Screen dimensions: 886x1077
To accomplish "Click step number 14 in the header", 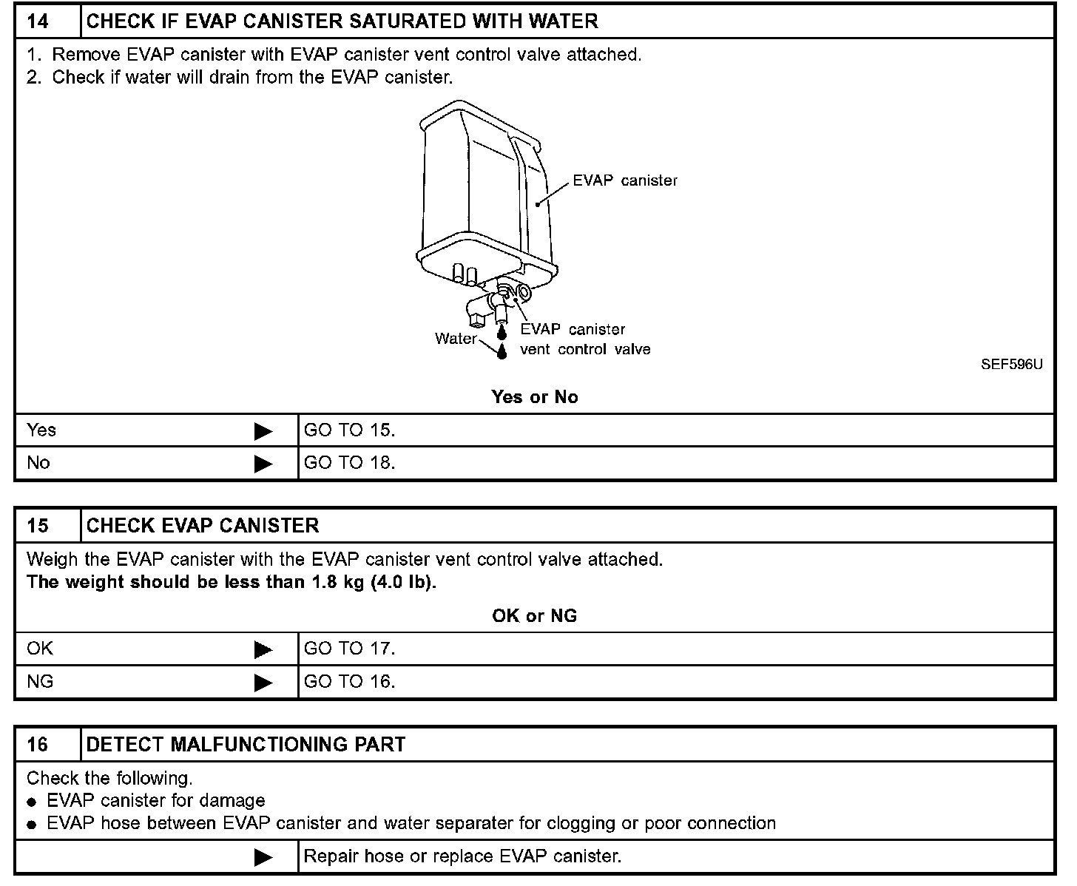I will pyautogui.click(x=38, y=21).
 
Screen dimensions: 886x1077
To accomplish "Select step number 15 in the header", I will pyautogui.click(x=38, y=526).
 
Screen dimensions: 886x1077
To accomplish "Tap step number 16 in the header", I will pyautogui.click(x=38, y=744).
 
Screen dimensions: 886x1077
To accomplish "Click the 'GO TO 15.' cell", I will pyautogui.click(x=349, y=430).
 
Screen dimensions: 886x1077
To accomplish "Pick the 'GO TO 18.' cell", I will pyautogui.click(x=349, y=463).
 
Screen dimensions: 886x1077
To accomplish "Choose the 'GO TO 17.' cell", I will pyautogui.click(x=349, y=649).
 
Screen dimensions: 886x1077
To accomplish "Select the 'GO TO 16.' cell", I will pyautogui.click(x=349, y=681).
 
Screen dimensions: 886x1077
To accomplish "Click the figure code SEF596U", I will pyautogui.click(x=1011, y=365).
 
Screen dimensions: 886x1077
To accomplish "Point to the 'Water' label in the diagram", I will pyautogui.click(x=456, y=339).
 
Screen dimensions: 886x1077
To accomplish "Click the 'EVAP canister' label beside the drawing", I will pyautogui.click(x=625, y=181).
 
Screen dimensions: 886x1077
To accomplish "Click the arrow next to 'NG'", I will pyautogui.click(x=263, y=682).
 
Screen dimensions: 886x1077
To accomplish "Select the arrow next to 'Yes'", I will pyautogui.click(x=263, y=431).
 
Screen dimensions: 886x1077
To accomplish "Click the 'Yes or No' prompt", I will pyautogui.click(x=534, y=397).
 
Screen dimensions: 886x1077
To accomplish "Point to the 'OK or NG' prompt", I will pyautogui.click(x=534, y=616).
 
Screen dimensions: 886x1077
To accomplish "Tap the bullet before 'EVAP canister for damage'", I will pyautogui.click(x=31, y=802).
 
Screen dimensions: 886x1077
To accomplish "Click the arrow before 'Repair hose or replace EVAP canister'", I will pyautogui.click(x=263, y=857).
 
